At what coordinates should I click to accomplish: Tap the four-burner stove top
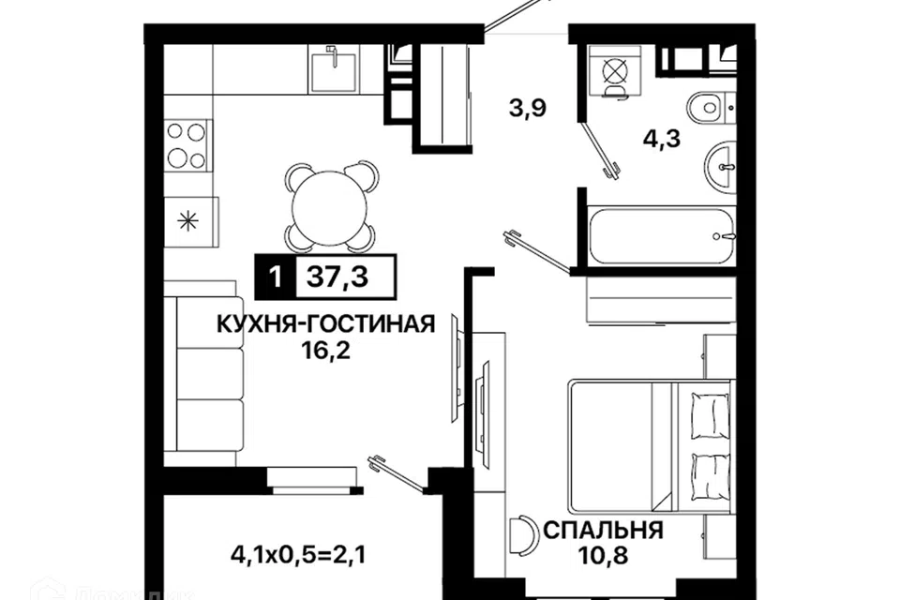tap(187, 145)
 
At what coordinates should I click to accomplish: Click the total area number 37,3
tap(337, 277)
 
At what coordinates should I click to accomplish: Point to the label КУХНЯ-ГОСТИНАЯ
tap(326, 324)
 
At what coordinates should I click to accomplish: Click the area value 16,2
tap(325, 350)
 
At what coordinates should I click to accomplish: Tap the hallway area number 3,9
tap(527, 108)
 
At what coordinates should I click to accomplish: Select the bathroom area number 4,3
tap(662, 139)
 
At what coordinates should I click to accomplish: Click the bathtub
tap(661, 236)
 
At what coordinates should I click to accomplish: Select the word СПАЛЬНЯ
tap(603, 530)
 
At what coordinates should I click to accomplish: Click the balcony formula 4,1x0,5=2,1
tap(298, 555)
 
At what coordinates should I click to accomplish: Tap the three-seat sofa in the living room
tap(204, 373)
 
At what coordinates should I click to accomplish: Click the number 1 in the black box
tap(276, 277)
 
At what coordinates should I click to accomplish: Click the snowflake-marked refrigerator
tap(191, 221)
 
